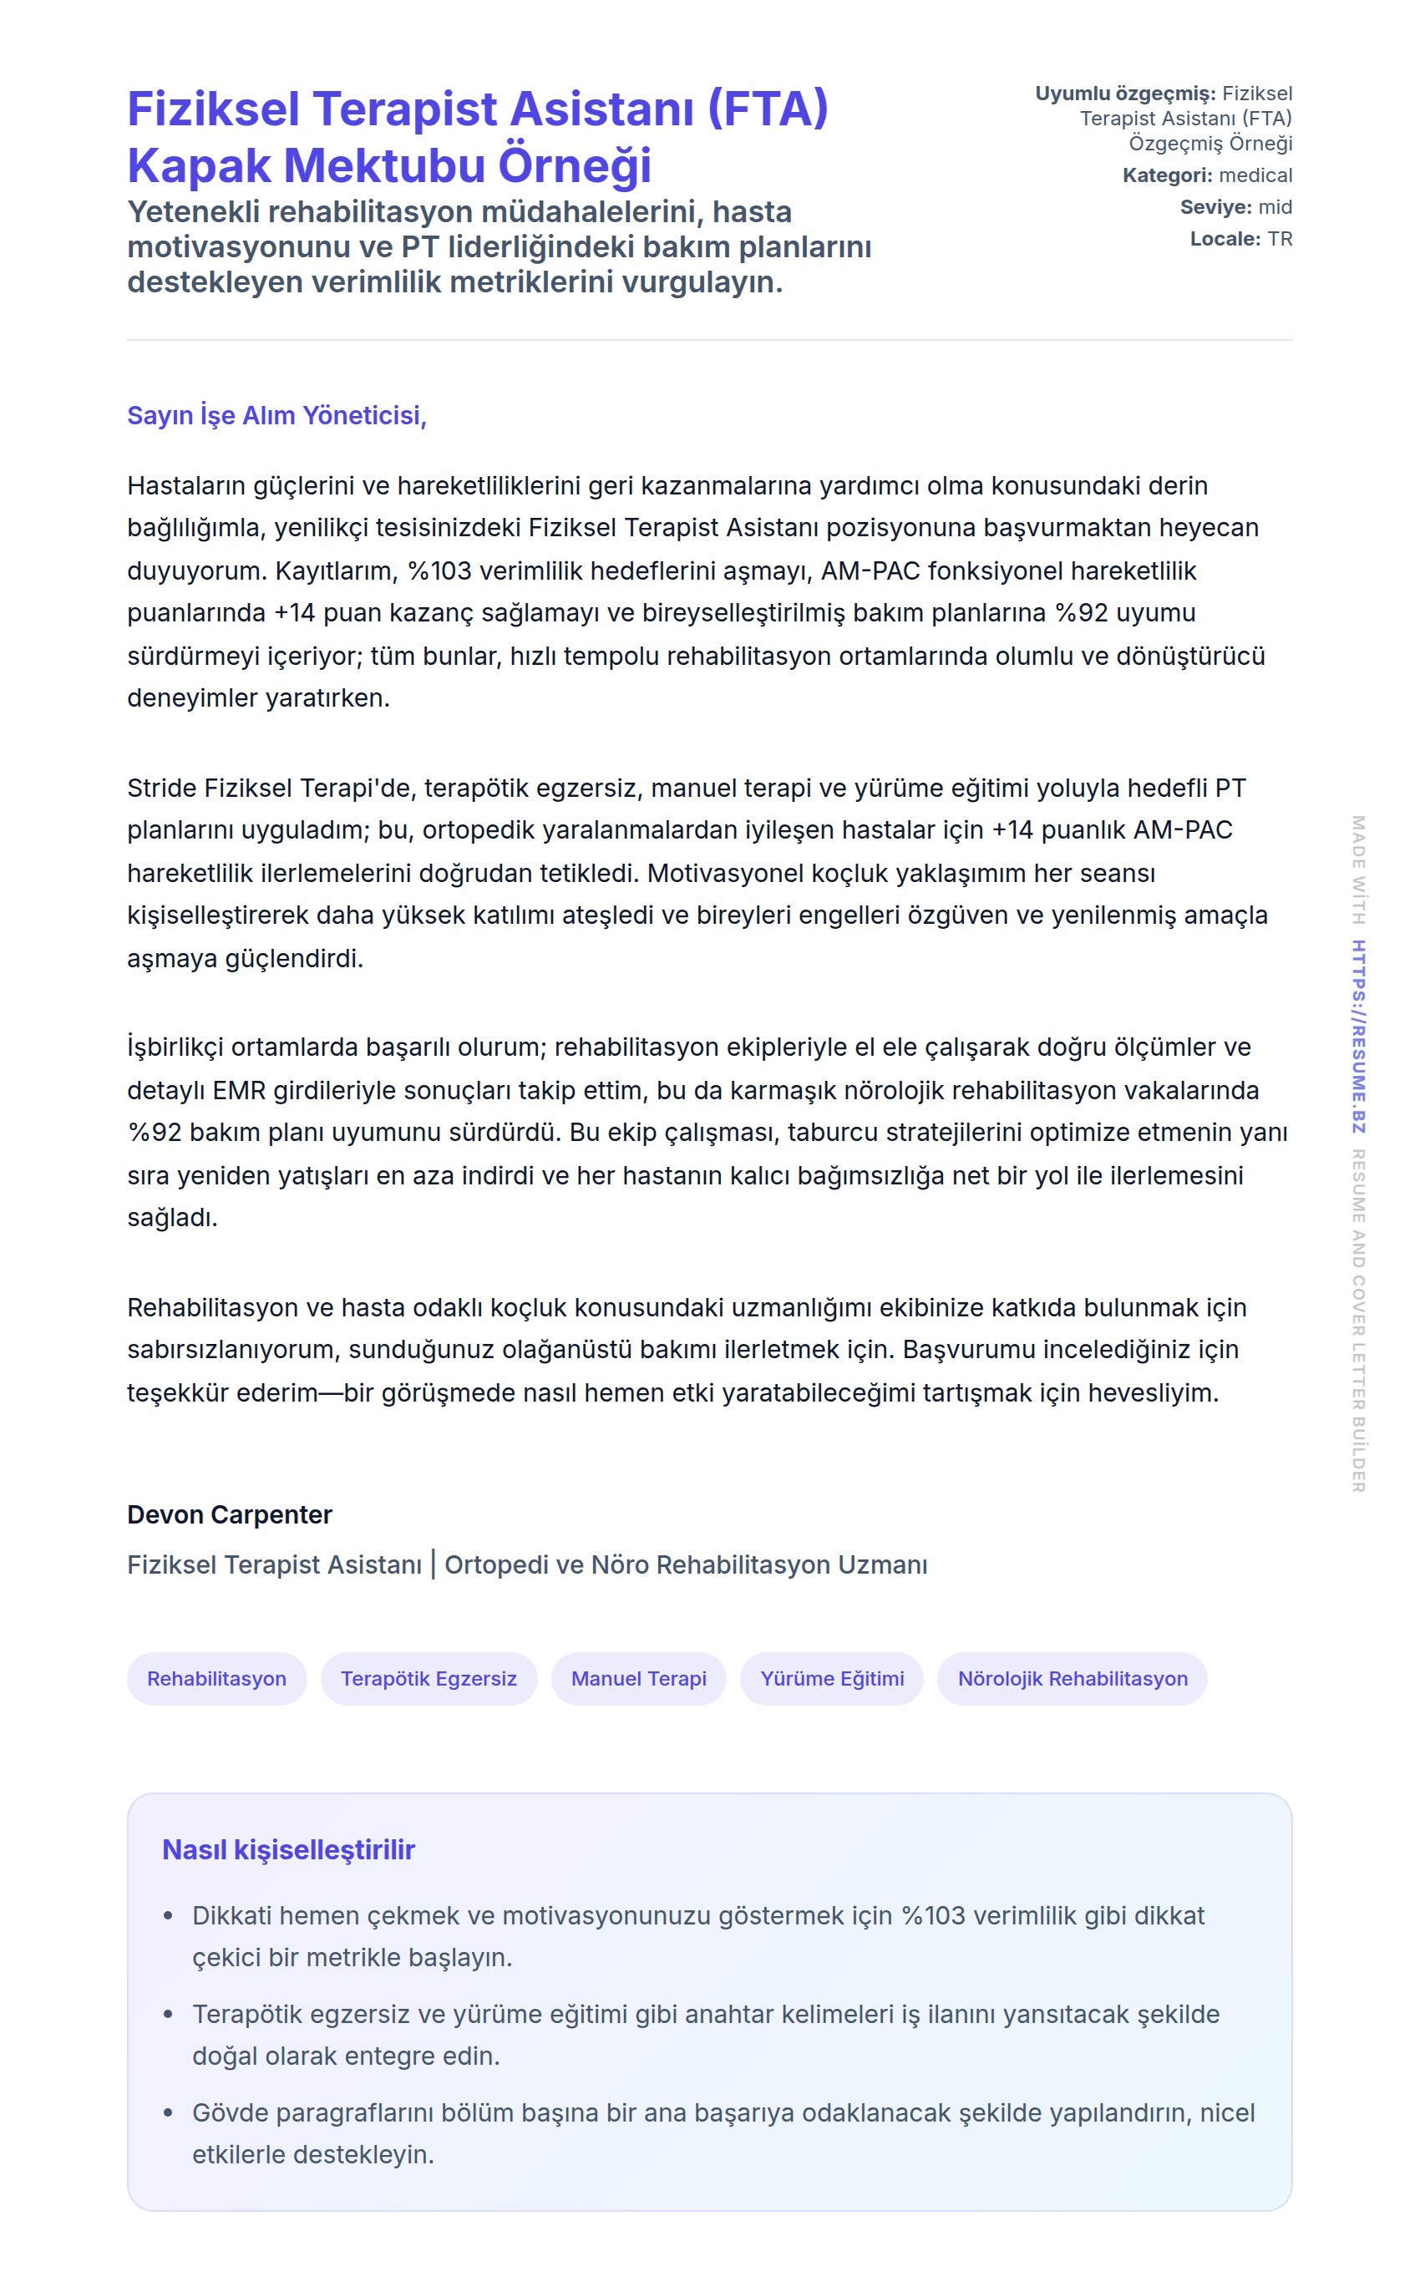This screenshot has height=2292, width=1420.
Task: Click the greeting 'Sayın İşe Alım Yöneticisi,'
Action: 277,415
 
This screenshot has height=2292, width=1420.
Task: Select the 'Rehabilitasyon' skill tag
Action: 217,1678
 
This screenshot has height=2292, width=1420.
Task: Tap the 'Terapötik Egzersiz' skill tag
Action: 429,1678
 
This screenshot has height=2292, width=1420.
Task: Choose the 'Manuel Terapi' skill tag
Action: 639,1678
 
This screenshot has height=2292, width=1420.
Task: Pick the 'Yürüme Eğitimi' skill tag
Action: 832,1678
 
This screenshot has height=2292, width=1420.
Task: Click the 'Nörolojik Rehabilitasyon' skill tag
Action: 1073,1678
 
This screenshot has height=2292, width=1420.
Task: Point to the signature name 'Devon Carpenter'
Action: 230,1514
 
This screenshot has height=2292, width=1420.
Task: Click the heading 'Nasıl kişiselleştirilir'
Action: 288,1848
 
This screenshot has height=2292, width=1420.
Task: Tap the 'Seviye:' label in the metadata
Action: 1215,207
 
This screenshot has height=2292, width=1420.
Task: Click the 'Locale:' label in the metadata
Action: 1225,240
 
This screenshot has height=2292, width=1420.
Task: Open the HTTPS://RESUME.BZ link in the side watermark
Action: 1358,1037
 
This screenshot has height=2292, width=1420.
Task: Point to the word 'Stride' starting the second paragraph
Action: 161,788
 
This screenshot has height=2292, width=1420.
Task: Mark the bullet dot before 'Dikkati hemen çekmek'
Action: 168,1915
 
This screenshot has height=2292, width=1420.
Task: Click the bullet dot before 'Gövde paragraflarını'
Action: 168,2112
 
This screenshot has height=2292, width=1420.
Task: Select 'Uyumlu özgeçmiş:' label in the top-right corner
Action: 1125,94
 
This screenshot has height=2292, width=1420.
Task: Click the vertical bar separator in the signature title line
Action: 433,1564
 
